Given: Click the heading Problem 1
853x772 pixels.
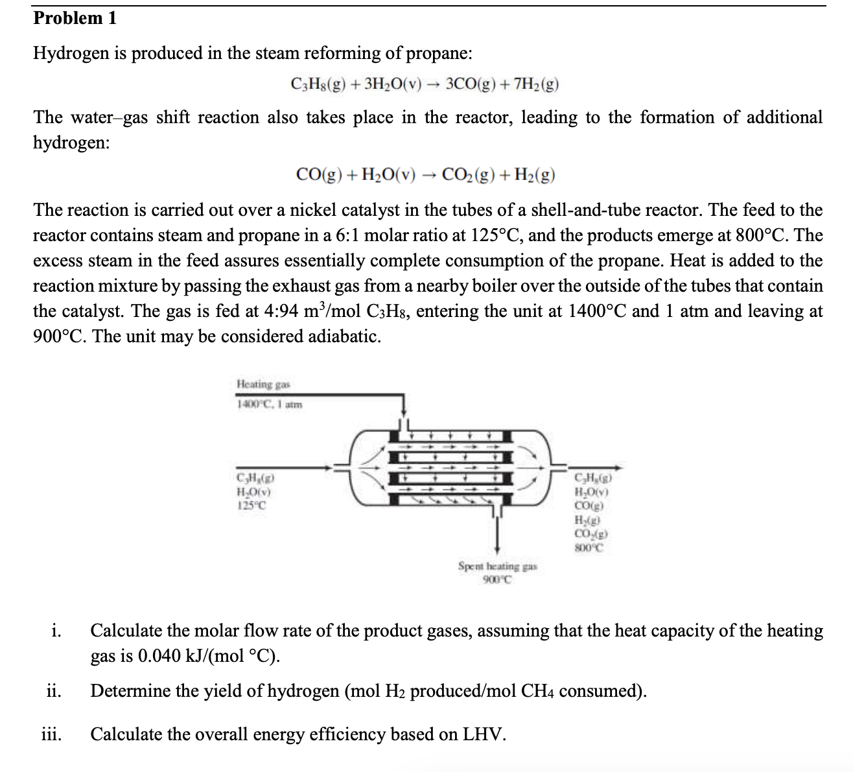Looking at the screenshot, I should [x=75, y=18].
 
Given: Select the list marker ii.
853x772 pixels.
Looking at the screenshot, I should [x=54, y=692].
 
